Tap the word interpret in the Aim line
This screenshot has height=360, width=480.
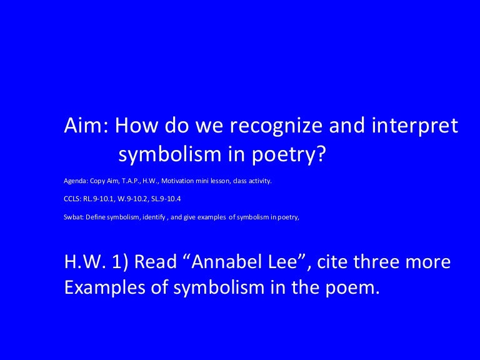tap(415, 126)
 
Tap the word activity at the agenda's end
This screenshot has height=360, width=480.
tap(260, 181)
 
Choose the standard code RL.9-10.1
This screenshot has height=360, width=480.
tap(99, 199)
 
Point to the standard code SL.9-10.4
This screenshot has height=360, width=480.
tap(167, 199)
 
